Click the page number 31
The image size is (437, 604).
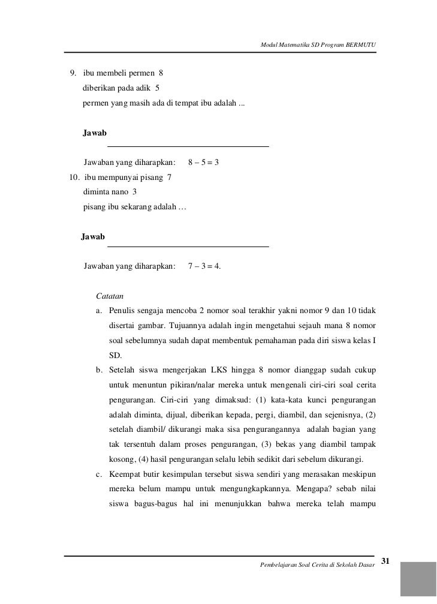click(385, 561)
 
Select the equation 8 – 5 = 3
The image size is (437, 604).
click(203, 163)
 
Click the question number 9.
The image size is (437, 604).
click(73, 74)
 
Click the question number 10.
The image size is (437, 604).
click(74, 178)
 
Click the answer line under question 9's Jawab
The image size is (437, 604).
click(188, 146)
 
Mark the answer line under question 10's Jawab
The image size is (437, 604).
click(188, 247)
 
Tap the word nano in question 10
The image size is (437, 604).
click(119, 193)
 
